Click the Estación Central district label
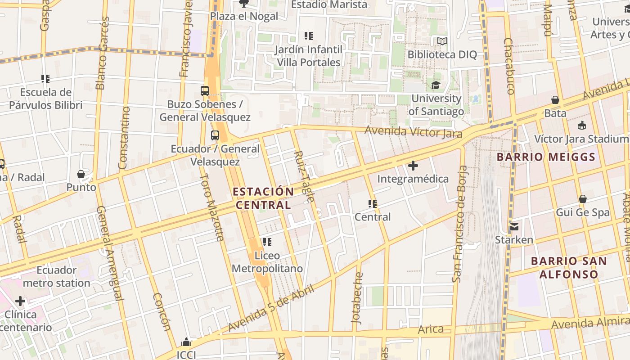(x=263, y=198)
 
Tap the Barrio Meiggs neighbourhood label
(x=546, y=157)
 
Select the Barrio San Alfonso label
(x=569, y=267)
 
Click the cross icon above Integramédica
(x=413, y=166)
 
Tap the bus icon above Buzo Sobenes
(x=205, y=91)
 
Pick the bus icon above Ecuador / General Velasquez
(x=215, y=135)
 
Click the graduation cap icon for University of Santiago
(x=436, y=85)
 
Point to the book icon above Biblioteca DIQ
(x=442, y=41)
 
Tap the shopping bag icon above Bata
(x=555, y=100)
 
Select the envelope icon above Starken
(x=514, y=226)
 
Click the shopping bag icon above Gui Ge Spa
(x=583, y=199)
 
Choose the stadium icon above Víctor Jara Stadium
(x=582, y=125)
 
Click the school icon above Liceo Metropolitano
(x=267, y=242)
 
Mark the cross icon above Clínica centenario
(x=20, y=301)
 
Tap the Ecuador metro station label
(x=57, y=276)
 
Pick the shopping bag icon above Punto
(x=81, y=174)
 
